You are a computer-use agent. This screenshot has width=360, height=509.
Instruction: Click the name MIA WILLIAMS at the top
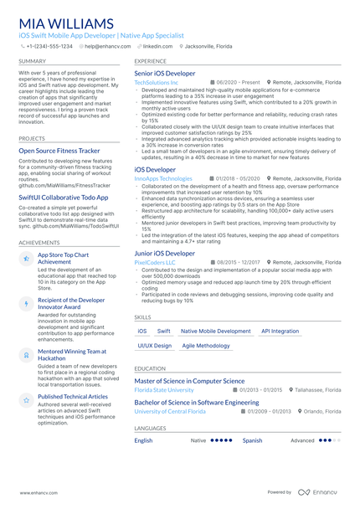[68, 23]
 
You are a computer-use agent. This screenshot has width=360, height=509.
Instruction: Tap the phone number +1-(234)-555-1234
[49, 47]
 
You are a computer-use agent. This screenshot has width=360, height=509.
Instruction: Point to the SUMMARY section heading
[32, 62]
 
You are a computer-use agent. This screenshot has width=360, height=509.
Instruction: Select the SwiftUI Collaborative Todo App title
[64, 198]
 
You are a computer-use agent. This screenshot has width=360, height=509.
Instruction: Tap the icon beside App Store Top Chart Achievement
[26, 260]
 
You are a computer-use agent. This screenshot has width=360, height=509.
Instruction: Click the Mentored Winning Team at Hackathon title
[72, 355]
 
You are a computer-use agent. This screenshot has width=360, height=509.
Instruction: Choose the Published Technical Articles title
[73, 396]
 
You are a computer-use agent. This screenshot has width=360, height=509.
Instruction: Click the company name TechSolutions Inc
[156, 83]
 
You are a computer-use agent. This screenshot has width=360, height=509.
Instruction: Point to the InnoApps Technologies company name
[162, 178]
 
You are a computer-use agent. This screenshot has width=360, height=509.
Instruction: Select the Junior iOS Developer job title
[164, 253]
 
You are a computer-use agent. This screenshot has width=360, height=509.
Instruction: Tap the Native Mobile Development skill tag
[216, 332]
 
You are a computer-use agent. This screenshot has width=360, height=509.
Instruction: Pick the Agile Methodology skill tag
[206, 346]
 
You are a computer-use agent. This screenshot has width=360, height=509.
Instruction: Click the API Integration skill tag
[280, 332]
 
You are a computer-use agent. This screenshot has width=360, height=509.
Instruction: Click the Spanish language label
[252, 440]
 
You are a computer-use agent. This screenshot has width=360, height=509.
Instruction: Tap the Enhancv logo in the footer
[320, 494]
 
